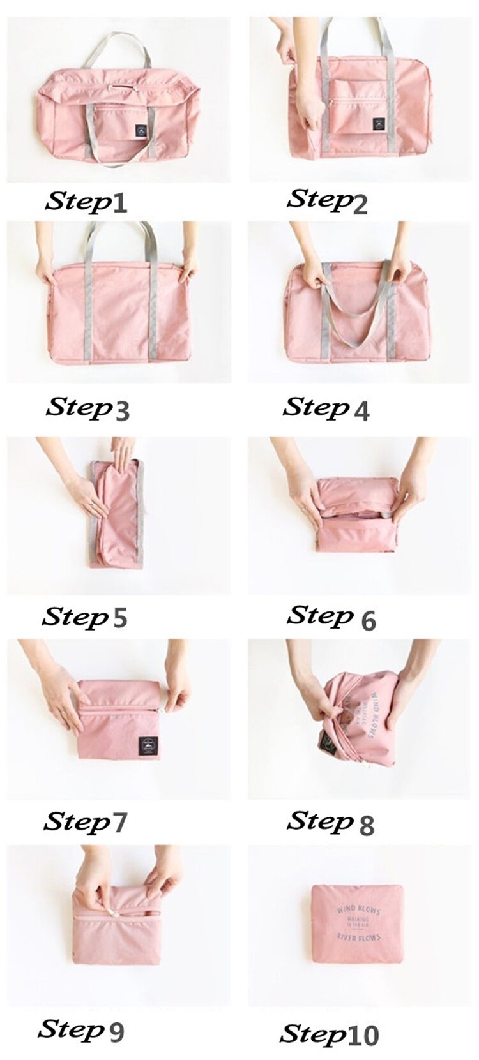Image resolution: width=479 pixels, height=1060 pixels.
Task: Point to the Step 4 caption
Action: [x=326, y=408]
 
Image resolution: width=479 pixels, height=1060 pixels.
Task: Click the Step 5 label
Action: [x=85, y=616]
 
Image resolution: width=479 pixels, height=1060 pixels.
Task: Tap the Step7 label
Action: [x=86, y=822]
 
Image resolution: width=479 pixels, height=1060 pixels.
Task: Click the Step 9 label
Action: [x=81, y=1029]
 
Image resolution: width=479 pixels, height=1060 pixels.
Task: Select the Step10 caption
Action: [x=330, y=1034]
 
